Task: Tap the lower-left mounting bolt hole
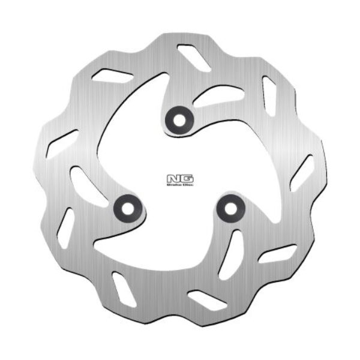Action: tap(127, 208)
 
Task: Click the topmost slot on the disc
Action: tap(194, 58)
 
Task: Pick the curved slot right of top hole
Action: tap(220, 95)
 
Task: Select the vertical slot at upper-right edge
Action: tap(269, 97)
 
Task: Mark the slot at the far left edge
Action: tap(62, 143)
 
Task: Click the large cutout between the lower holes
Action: tap(177, 240)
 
